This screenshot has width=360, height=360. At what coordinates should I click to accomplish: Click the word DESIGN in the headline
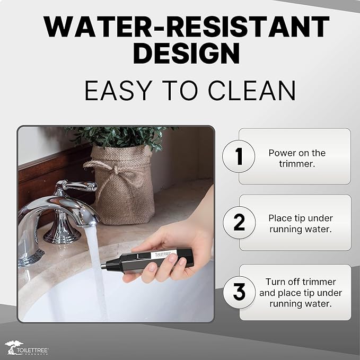pos(187,53)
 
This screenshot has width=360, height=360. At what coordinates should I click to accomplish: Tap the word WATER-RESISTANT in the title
pos(187,27)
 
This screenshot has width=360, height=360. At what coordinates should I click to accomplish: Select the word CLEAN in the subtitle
pos(252,91)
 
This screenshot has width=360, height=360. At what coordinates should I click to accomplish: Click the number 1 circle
pos(239,156)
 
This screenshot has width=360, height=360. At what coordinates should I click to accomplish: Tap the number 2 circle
pos(239,222)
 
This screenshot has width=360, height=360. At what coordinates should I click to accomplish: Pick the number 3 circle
pos(239,292)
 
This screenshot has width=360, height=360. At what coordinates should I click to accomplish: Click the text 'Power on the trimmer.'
pos(297,158)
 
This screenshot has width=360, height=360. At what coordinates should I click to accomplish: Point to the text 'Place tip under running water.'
pos(301,224)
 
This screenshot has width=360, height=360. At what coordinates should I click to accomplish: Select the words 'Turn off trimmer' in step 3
pos(301,282)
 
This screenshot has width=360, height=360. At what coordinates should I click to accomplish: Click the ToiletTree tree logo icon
pos(13,347)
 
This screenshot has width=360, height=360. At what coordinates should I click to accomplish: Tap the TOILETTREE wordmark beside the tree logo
pos(32,350)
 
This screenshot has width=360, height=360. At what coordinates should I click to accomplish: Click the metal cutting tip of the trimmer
pos(104,266)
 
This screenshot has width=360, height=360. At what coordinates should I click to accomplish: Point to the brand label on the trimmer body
pos(163,254)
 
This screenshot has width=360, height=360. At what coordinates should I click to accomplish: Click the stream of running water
pos(97,271)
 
